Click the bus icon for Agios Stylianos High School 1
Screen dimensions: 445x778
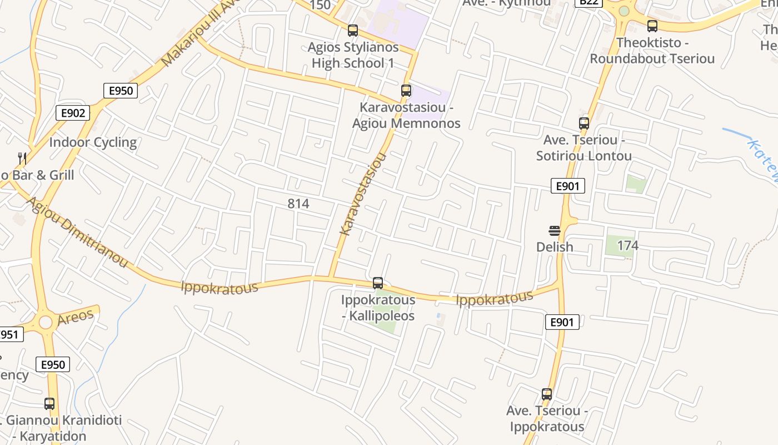coord(353,31)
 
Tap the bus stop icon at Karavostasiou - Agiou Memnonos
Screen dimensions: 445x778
coord(406,91)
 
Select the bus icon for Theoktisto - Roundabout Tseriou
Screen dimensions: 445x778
coord(652,26)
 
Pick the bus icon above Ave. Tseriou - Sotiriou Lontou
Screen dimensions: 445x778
coord(583,123)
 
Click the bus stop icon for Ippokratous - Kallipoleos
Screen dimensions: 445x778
coord(378,283)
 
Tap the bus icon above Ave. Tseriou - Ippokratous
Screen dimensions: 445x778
coord(547,394)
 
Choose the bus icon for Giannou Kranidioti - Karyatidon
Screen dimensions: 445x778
coord(49,404)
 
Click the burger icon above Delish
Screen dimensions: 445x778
coord(554,230)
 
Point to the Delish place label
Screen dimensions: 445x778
coord(555,246)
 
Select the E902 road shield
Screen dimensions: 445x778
coord(73,113)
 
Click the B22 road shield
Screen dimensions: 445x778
coord(589,2)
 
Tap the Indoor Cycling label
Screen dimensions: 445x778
coord(93,142)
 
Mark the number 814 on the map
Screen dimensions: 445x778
coord(298,204)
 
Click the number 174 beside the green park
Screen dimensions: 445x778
coord(627,245)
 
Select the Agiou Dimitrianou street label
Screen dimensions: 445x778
coord(77,232)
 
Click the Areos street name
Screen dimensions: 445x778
coord(75,316)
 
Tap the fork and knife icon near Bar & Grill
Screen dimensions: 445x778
coord(22,158)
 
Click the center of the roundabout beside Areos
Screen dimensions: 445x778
coord(45,322)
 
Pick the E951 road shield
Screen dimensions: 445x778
coord(9,334)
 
